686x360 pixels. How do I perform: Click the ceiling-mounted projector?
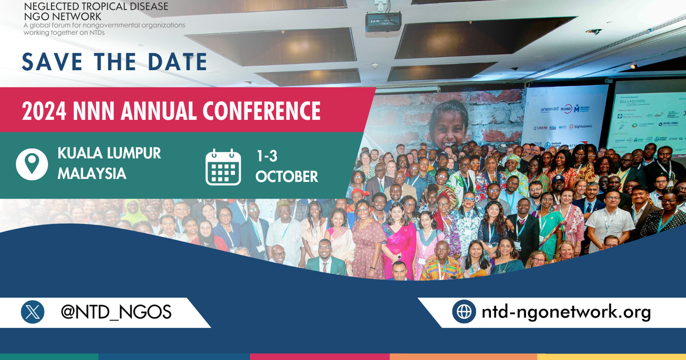(x=383, y=21)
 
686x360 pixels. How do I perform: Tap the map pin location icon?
(x=32, y=163)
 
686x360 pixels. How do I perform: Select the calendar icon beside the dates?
(x=223, y=167)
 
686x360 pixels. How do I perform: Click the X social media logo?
(x=33, y=312)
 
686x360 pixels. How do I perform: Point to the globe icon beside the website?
(x=464, y=312)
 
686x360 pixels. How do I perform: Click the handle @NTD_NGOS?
(x=115, y=312)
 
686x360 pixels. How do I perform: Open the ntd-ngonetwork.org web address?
(x=566, y=312)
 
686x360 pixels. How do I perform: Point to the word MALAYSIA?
(x=91, y=174)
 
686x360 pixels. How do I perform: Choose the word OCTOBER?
(x=286, y=177)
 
